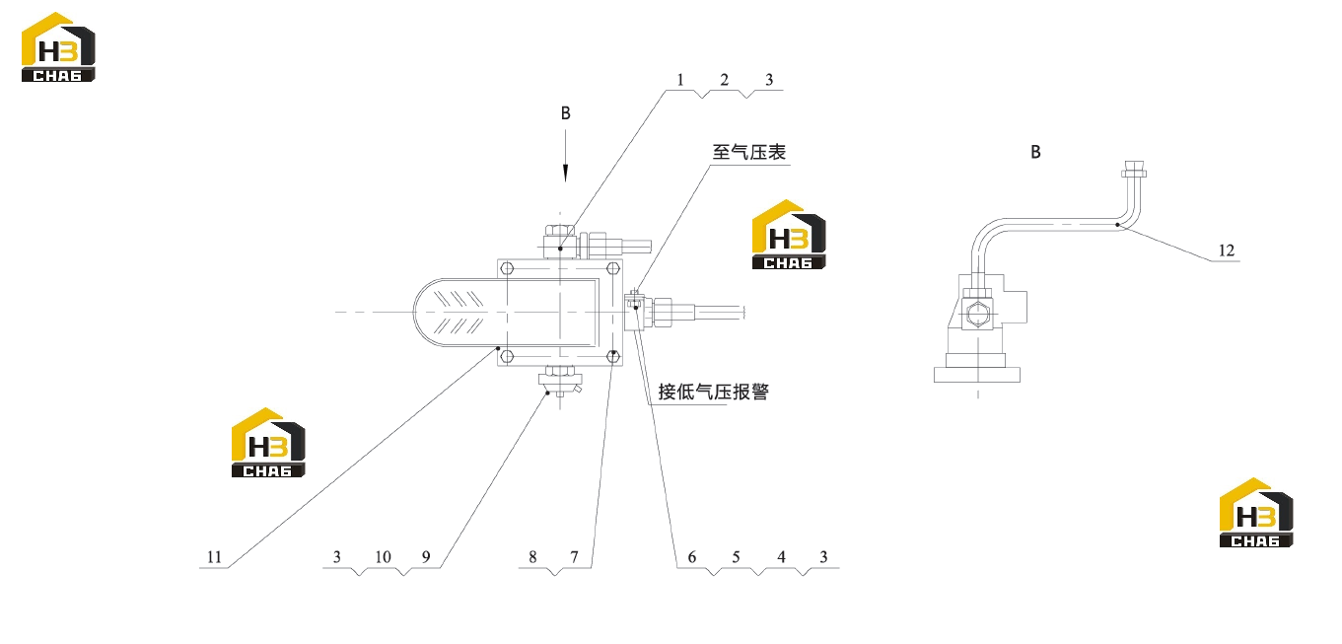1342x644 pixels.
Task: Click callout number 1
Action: tap(680, 80)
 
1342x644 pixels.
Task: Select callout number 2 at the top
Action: tap(725, 80)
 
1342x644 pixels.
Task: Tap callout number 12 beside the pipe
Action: tap(1227, 250)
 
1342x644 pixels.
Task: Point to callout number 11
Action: tap(214, 557)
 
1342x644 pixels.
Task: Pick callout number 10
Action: tap(383, 557)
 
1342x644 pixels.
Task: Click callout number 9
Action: tap(426, 557)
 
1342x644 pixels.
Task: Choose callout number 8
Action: tap(532, 557)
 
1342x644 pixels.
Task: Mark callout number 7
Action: tap(574, 557)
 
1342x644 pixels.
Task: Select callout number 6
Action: tap(692, 557)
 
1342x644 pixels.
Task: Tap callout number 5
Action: tap(736, 557)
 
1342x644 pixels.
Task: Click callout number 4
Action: tap(781, 557)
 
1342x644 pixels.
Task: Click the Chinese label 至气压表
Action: tap(748, 152)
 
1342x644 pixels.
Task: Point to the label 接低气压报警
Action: tap(713, 392)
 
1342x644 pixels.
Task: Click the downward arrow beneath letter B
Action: tap(565, 156)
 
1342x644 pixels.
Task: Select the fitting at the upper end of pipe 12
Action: tap(1134, 170)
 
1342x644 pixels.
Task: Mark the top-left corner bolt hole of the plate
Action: tap(507, 268)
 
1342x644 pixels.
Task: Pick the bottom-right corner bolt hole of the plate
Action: tap(613, 357)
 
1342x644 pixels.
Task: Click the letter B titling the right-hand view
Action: tap(1035, 152)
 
